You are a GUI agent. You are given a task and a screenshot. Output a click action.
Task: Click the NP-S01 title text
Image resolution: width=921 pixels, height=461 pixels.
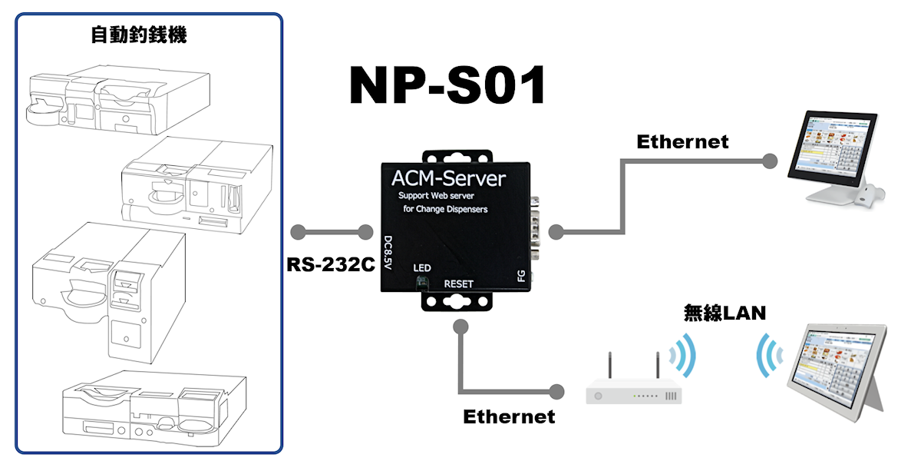tap(447, 85)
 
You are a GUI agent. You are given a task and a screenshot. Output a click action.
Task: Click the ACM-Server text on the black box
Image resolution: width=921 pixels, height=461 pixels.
tap(449, 179)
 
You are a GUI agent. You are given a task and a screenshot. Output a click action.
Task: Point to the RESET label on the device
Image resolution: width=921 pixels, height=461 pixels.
tap(459, 284)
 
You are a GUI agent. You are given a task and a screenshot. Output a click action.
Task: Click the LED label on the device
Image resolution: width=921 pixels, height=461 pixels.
tap(422, 268)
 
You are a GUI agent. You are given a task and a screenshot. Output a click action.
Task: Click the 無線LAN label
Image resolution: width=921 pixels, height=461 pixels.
tap(725, 313)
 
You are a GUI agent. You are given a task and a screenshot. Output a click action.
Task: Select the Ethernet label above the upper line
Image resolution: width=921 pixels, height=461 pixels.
tap(682, 142)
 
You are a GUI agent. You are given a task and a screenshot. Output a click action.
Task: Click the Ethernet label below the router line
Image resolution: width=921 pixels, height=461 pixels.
tap(509, 416)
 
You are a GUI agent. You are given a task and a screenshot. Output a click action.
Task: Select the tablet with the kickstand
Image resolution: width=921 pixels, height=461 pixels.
tap(840, 368)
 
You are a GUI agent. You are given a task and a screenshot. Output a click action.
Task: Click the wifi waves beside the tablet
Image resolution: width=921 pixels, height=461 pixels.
tap(768, 355)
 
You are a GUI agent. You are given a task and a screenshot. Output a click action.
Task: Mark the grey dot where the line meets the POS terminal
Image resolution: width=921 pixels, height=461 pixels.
tap(769, 161)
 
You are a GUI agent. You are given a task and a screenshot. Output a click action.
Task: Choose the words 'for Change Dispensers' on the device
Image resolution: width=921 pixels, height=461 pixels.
tap(445, 209)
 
